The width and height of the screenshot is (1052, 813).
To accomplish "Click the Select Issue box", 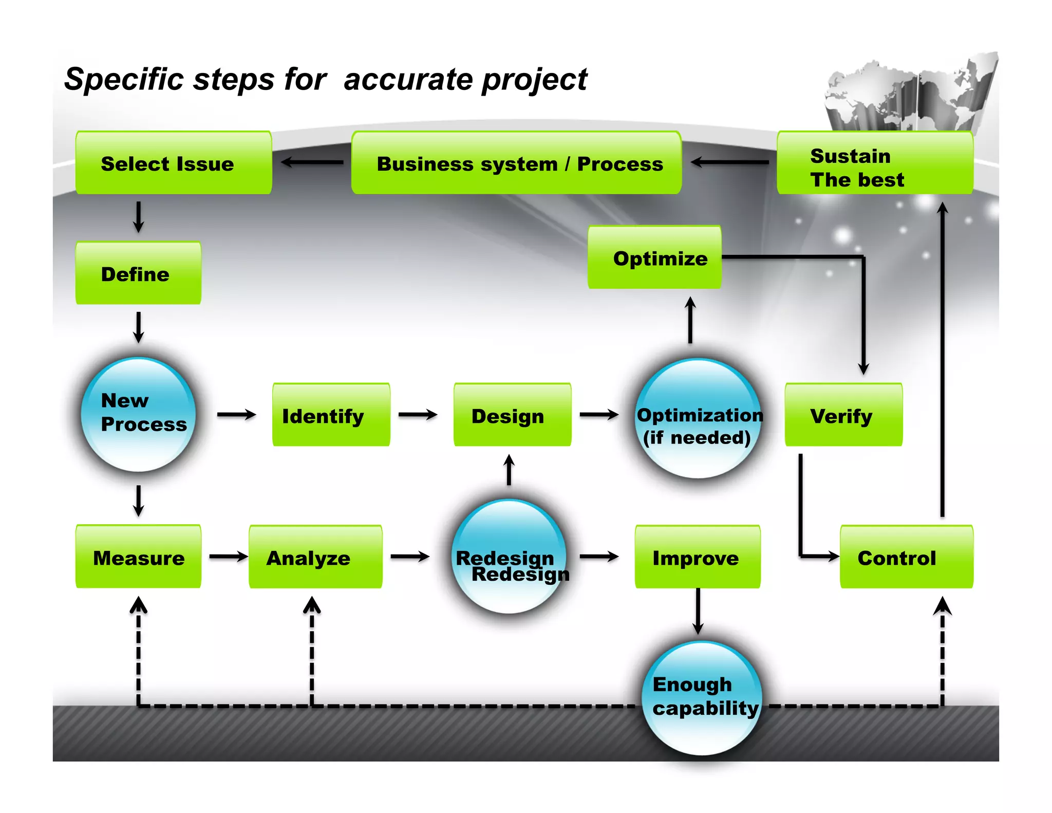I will [x=174, y=163].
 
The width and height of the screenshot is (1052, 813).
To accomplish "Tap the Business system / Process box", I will [x=516, y=163].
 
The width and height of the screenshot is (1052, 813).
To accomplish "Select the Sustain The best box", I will [x=874, y=163].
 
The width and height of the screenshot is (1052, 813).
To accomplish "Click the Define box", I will [x=138, y=273].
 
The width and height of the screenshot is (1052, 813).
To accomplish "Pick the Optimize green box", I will [x=654, y=257].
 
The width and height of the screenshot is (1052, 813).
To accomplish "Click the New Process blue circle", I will [x=139, y=414].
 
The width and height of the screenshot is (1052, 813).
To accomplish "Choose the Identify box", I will [x=331, y=415].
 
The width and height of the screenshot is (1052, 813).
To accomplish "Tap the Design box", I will [x=512, y=415].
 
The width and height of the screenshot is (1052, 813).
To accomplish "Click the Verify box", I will [x=843, y=415].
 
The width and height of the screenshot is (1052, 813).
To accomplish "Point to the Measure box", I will [x=138, y=557].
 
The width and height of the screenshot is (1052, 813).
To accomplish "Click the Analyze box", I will [x=315, y=557].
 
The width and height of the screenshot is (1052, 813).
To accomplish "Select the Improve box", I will [x=698, y=557].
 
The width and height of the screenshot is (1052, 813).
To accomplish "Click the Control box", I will [x=906, y=557].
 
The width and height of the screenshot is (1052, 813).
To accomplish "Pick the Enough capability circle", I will [x=702, y=698].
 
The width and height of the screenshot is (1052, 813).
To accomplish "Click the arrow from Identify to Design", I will [x=418, y=414].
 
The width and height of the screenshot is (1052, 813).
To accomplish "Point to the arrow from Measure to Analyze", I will [x=228, y=557].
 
